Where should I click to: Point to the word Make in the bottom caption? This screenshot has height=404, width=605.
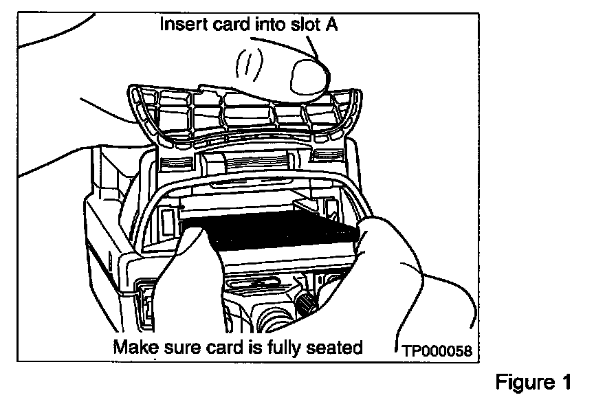click(135, 347)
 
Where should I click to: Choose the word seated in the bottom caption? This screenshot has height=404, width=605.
click(337, 347)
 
